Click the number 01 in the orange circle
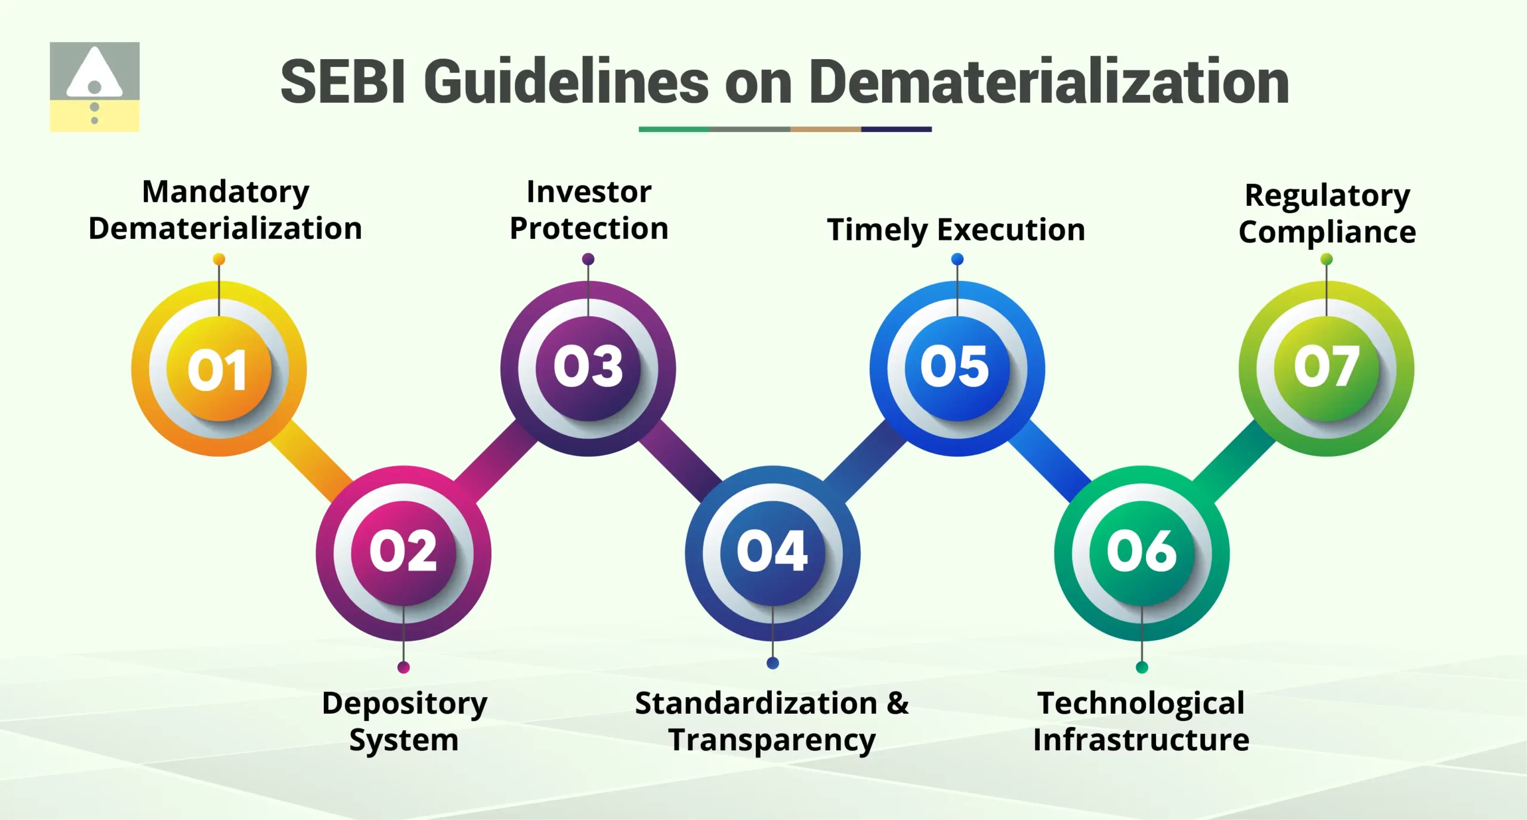pyautogui.click(x=218, y=370)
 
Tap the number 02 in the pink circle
pyautogui.click(x=403, y=551)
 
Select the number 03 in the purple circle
pyautogui.click(x=588, y=366)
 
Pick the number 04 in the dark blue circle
pyautogui.click(x=772, y=551)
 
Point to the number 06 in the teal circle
pyautogui.click(x=1142, y=551)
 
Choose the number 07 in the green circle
pyautogui.click(x=1327, y=366)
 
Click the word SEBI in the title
pyautogui.click(x=343, y=82)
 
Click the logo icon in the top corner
pyautogui.click(x=94, y=87)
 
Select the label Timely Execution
pyautogui.click(x=956, y=230)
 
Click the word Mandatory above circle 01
pyautogui.click(x=225, y=192)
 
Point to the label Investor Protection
pyautogui.click(x=589, y=210)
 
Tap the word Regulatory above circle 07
pyautogui.click(x=1327, y=196)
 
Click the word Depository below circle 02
pyautogui.click(x=404, y=704)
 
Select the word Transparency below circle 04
pyautogui.click(x=772, y=741)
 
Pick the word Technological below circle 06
pyautogui.click(x=1140, y=703)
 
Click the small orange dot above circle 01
pyautogui.click(x=219, y=259)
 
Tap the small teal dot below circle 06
pyautogui.click(x=1142, y=667)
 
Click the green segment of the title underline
pyautogui.click(x=674, y=129)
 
